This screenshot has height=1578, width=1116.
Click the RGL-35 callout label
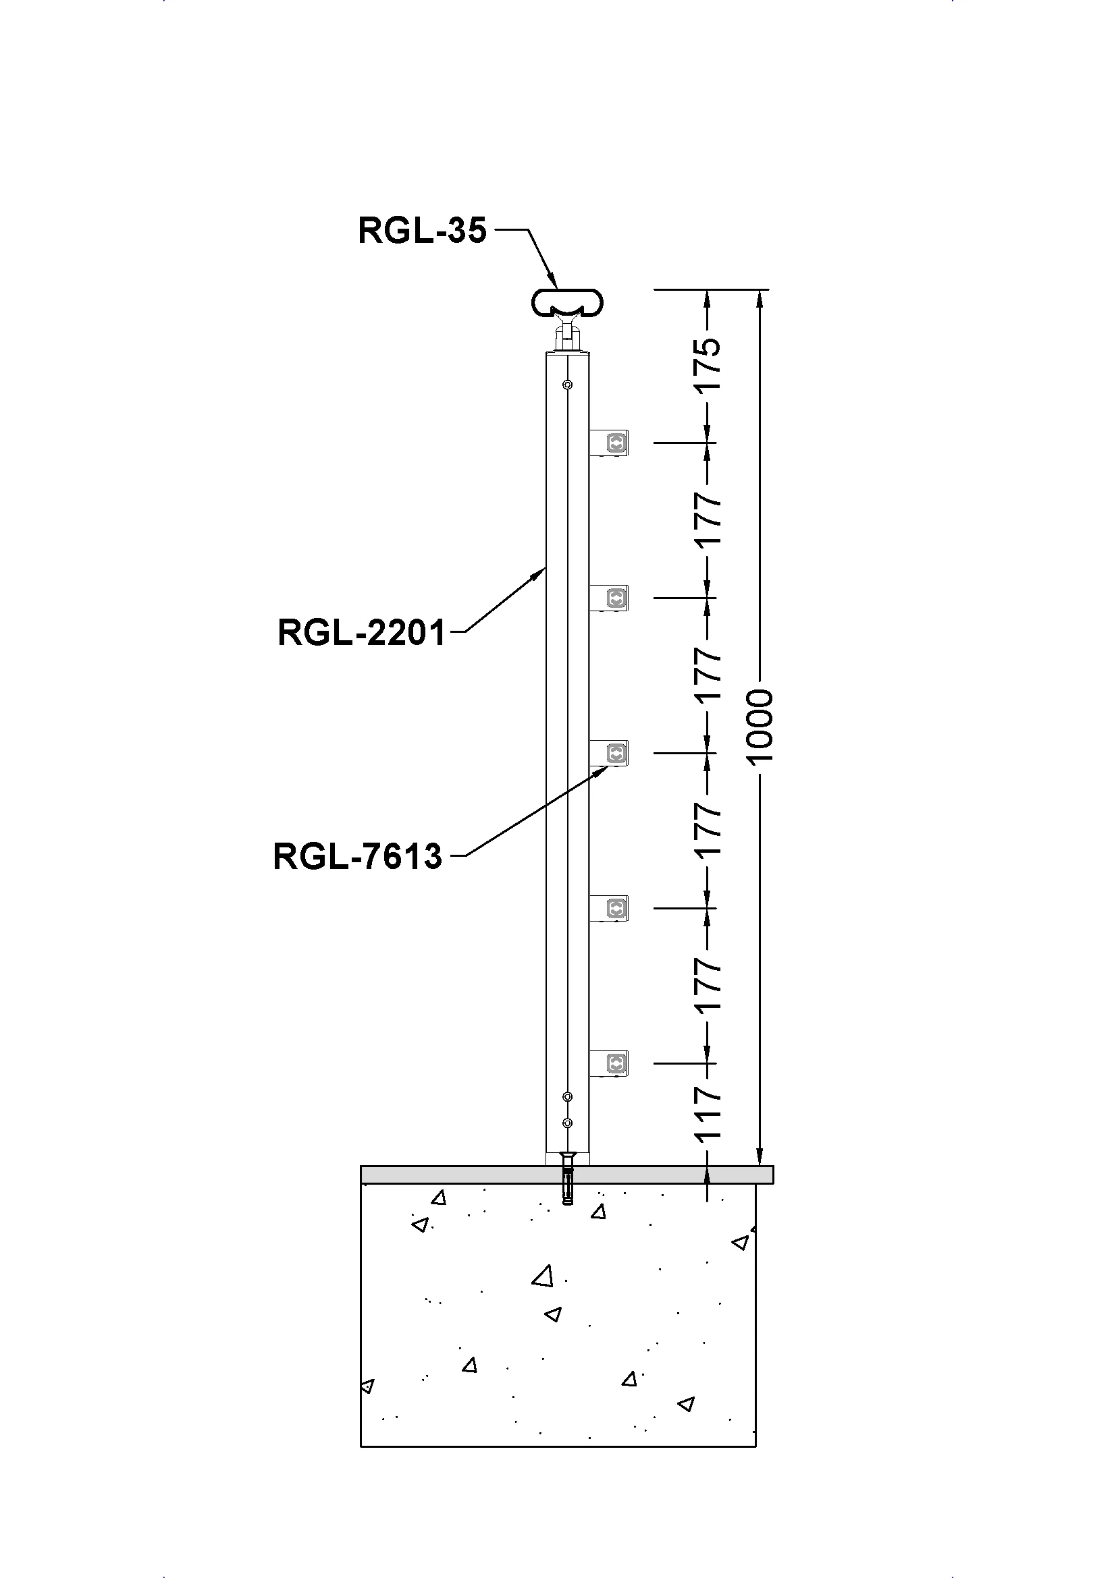421,231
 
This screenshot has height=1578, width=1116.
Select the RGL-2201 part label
362,632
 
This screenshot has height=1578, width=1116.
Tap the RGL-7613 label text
358,856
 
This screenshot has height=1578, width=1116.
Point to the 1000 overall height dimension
760,727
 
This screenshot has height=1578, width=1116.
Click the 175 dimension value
708,365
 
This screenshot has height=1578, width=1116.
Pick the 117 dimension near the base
708,1112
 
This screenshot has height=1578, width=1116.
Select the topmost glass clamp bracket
610,443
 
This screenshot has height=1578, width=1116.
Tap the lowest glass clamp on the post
610,1064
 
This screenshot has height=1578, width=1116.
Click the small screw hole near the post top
567,384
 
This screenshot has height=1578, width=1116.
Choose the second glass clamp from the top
610,598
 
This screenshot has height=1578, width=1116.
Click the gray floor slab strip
566,1175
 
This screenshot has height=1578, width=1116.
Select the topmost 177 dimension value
708,519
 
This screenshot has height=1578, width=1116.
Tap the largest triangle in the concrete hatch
543,1276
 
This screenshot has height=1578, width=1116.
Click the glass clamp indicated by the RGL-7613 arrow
610,754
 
